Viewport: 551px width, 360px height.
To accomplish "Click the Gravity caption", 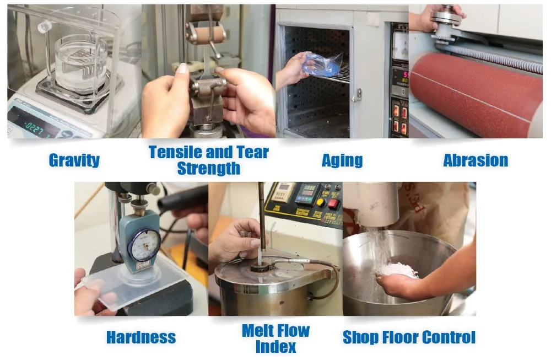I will [x=74, y=160].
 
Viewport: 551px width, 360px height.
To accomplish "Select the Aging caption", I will [x=342, y=160].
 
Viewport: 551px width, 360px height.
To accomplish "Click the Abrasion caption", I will [x=476, y=160].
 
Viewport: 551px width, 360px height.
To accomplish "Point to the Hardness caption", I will [x=141, y=337].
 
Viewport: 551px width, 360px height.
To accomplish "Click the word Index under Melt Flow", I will [x=275, y=347].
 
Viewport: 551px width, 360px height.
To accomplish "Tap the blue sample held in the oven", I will [x=322, y=61].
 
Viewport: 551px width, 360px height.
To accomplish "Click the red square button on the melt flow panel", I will [x=333, y=203].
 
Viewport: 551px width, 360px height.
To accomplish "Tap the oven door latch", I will [x=358, y=95].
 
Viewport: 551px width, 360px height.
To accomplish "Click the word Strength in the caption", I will [x=209, y=169].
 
